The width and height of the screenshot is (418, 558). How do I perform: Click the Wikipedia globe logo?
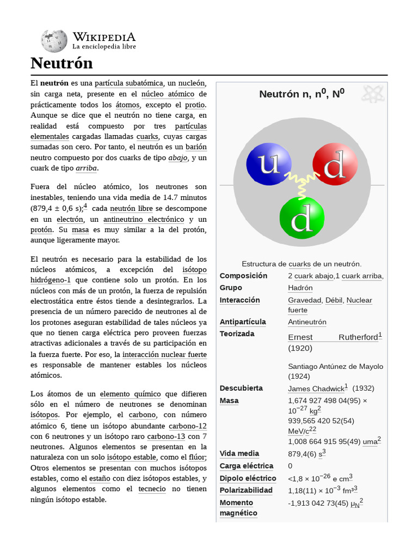coord(53,40)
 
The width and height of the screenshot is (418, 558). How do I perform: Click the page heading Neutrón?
coord(62,63)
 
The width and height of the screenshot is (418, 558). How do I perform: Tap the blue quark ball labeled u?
coord(268,164)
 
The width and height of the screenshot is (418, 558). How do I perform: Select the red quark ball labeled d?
coord(335,164)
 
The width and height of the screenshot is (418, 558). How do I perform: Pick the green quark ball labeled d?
coord(302,217)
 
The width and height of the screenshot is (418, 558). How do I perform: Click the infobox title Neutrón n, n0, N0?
coord(302,94)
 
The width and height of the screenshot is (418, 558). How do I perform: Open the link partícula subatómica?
coord(129,83)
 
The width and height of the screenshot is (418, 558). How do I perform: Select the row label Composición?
coord(243,276)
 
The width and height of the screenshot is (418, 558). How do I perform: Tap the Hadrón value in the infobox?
coord(300,288)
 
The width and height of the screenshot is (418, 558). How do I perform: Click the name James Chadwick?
coord(316,389)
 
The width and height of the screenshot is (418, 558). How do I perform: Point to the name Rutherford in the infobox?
coord(358,337)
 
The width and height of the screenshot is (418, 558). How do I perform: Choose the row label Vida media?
coord(239,453)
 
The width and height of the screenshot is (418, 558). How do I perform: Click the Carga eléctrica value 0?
coord(290,466)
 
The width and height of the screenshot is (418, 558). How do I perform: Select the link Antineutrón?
coord(307,322)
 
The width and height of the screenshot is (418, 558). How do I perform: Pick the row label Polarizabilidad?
coord(246,490)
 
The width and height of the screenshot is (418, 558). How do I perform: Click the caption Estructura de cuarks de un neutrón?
coord(302,264)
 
